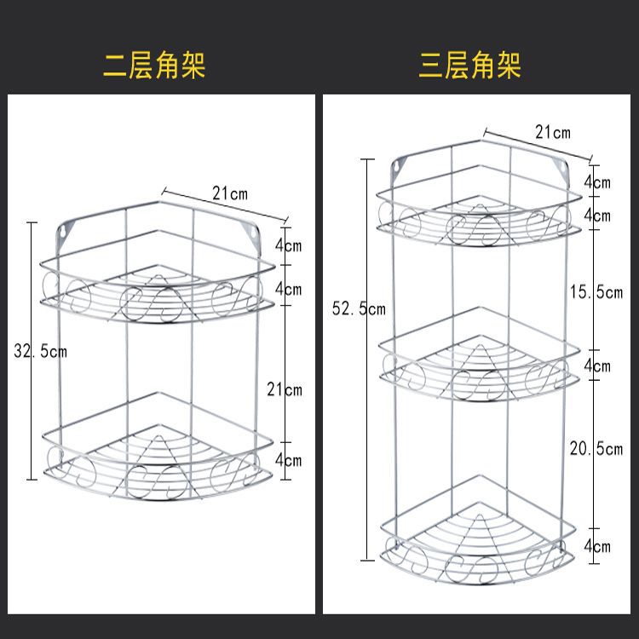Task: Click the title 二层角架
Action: [154, 65]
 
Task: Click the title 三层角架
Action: [469, 65]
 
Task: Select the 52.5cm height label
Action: [358, 309]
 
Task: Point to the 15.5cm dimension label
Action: [596, 292]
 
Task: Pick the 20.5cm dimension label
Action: [596, 449]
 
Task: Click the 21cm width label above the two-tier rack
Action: [230, 194]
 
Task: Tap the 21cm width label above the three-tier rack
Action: [552, 132]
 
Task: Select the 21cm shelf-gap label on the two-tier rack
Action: [285, 389]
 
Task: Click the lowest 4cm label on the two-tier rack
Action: [288, 460]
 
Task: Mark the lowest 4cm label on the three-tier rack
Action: [596, 546]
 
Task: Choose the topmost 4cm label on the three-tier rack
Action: [596, 181]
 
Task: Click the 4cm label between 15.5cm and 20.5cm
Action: [596, 366]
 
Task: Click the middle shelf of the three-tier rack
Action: [474, 362]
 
